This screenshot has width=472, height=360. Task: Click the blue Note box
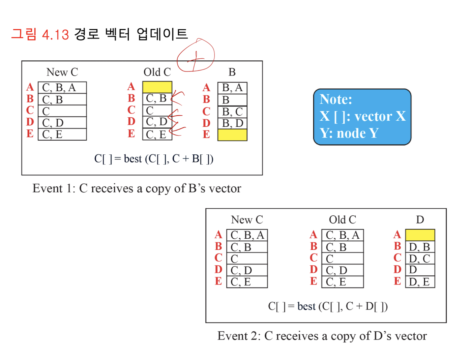[x=362, y=117]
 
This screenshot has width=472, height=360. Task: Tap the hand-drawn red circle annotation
[x=196, y=56]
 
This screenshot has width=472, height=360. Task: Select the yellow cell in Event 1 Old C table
[x=157, y=87]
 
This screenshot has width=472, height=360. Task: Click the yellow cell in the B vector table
[x=232, y=135]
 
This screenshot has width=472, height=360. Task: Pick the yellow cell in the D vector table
[x=420, y=235]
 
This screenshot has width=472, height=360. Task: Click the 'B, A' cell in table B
[x=232, y=88]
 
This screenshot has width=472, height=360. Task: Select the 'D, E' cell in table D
[x=420, y=282]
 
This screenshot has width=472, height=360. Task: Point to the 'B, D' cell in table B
[x=232, y=123]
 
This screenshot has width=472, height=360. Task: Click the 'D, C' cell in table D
[x=420, y=259]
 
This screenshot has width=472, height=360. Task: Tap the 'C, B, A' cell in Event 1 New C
[x=62, y=88]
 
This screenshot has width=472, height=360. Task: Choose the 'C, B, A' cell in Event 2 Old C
[x=343, y=235]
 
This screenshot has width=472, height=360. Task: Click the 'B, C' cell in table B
[x=232, y=112]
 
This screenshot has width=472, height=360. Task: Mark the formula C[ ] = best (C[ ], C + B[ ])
[x=154, y=159]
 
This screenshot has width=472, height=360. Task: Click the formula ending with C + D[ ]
[x=328, y=306]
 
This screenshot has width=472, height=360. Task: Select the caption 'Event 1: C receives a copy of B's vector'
[x=137, y=188]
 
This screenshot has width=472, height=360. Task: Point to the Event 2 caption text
[x=322, y=336]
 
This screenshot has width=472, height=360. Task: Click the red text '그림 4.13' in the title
[x=40, y=34]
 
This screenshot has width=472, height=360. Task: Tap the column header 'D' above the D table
[x=420, y=220]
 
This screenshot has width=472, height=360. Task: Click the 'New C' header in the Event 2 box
[x=247, y=220]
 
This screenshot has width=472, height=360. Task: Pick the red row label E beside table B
[x=206, y=134]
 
